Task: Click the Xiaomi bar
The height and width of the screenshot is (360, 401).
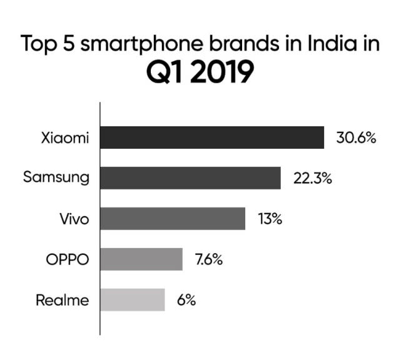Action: pos(212,137)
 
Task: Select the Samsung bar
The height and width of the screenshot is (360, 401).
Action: pos(190,178)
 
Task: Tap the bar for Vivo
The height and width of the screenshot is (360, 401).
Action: pos(173,219)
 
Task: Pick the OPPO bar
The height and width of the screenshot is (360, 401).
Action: pos(141,259)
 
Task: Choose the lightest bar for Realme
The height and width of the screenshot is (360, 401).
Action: pos(133,300)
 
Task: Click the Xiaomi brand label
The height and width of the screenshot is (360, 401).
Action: pos(65,138)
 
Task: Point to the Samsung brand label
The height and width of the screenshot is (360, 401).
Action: pos(56,178)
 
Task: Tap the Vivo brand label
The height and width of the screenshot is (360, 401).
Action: pos(74,219)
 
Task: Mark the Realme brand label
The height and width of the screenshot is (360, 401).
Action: pos(62,300)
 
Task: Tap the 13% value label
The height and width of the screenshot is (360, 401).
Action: pos(270,219)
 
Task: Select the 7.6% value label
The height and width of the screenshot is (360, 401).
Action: pos(210,259)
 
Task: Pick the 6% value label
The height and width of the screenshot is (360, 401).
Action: pos(186,300)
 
